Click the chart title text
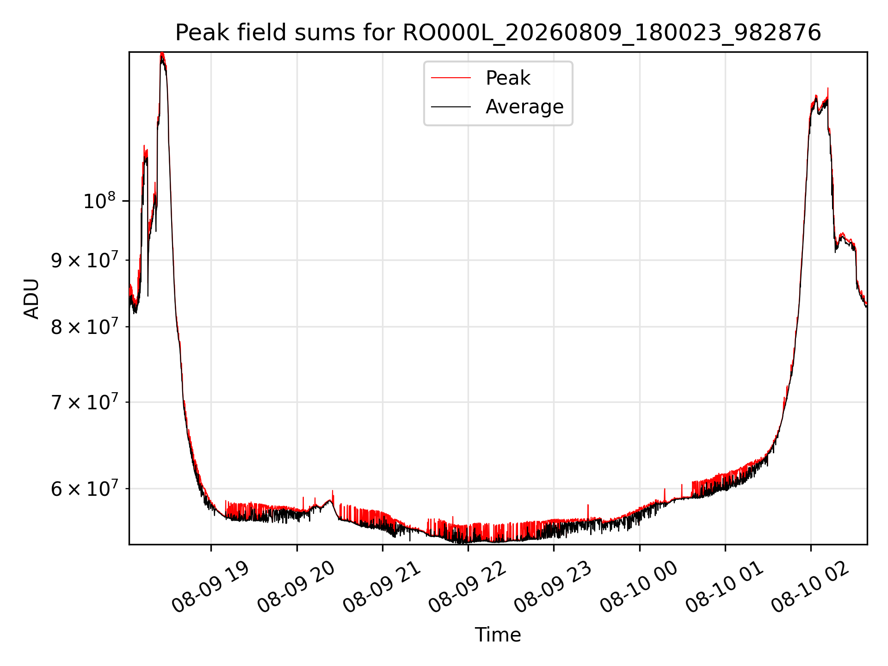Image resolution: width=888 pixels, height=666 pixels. (x=498, y=33)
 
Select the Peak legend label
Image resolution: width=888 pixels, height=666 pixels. (x=508, y=78)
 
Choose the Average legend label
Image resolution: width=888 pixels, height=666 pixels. (x=524, y=107)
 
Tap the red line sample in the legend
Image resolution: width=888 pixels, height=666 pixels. (x=451, y=78)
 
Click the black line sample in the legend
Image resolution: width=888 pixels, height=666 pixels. (x=451, y=107)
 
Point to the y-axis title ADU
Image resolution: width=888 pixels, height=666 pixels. (x=31, y=298)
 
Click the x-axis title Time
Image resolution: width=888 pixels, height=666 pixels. (x=498, y=635)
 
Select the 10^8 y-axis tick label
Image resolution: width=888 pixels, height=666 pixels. (x=99, y=201)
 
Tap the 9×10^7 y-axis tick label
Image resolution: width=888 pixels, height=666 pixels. (x=83, y=260)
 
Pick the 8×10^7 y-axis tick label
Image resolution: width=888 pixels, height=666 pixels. (x=83, y=327)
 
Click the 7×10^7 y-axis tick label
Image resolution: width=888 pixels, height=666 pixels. (x=83, y=402)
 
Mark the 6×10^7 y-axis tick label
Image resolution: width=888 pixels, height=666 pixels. (x=83, y=489)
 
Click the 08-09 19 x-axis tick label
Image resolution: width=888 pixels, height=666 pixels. (x=210, y=587)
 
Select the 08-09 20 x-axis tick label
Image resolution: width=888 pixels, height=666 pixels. (x=296, y=587)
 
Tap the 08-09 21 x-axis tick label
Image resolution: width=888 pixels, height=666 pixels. (x=382, y=587)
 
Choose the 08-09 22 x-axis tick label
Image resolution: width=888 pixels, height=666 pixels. (x=467, y=587)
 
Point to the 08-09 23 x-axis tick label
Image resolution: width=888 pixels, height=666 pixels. (x=553, y=587)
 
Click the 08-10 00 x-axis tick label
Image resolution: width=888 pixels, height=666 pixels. (x=639, y=587)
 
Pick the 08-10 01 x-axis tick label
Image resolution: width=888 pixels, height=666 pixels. (x=724, y=587)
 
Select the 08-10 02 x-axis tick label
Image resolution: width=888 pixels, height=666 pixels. (x=810, y=587)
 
